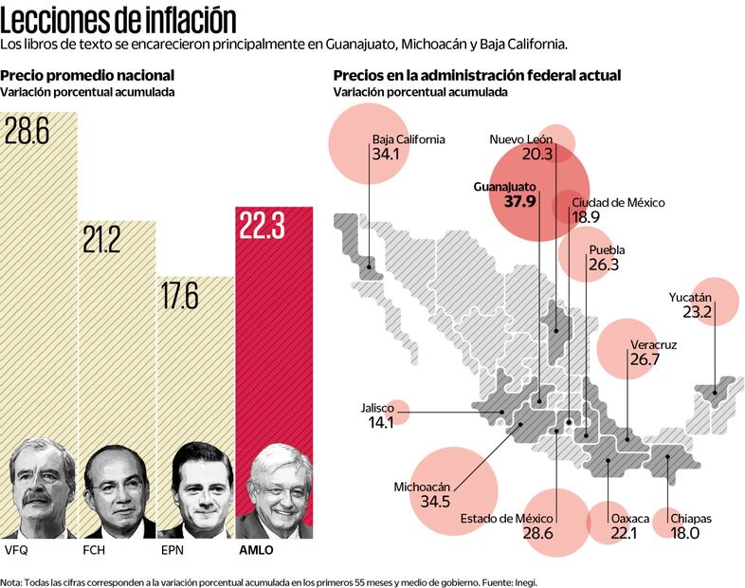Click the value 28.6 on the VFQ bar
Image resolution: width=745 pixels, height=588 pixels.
pyautogui.click(x=27, y=131)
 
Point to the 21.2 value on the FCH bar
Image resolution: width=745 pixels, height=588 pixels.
pyautogui.click(x=101, y=240)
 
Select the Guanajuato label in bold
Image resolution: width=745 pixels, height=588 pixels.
pyautogui.click(x=504, y=187)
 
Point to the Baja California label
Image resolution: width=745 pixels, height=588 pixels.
pyautogui.click(x=409, y=138)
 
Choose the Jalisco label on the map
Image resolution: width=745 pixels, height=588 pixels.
pyautogui.click(x=377, y=408)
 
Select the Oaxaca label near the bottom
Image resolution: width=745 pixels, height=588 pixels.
pyautogui.click(x=630, y=519)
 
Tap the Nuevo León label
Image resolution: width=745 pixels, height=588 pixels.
pyautogui.click(x=521, y=139)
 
